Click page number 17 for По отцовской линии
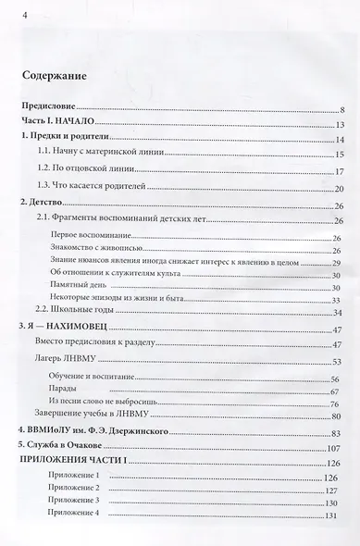point(339,172)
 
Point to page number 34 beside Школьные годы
point(338,314)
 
